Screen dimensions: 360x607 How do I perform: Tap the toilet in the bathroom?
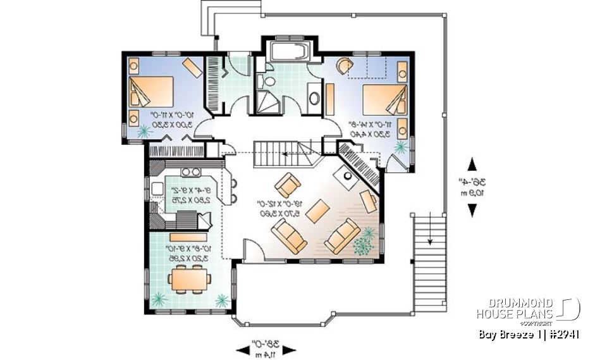(x=269, y=81)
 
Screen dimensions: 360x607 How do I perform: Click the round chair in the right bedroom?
(x=343, y=66)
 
